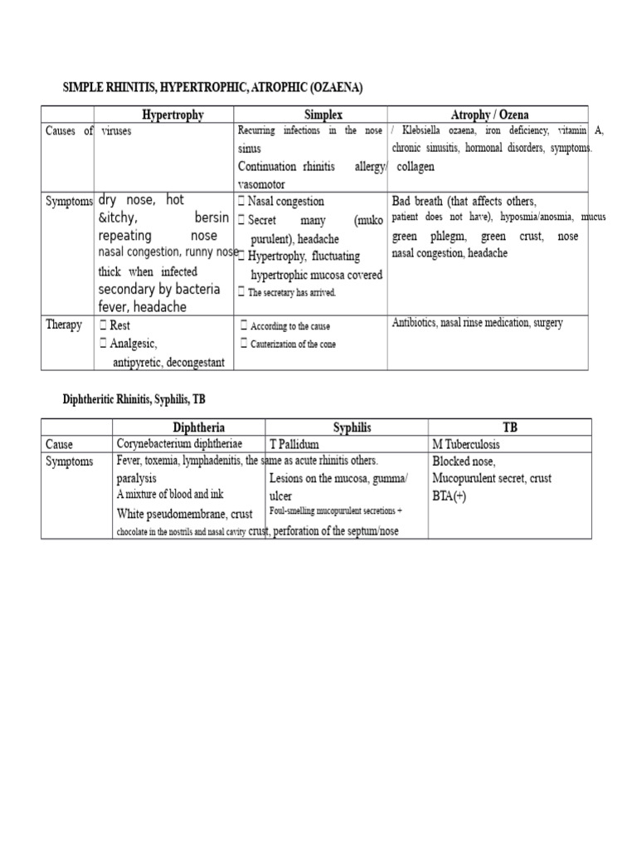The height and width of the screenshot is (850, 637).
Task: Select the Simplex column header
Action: point(312,115)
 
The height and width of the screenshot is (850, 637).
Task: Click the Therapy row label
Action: point(64,325)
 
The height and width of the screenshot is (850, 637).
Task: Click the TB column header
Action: point(509,427)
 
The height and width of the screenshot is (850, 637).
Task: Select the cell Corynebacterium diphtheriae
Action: point(179,444)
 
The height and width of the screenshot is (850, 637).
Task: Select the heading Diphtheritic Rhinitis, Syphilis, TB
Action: point(134,399)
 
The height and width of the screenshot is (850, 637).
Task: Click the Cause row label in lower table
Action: point(62,444)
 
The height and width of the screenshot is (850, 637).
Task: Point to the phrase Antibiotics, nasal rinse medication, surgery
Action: point(477,323)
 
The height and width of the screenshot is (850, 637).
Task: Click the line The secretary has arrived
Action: point(291,292)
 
